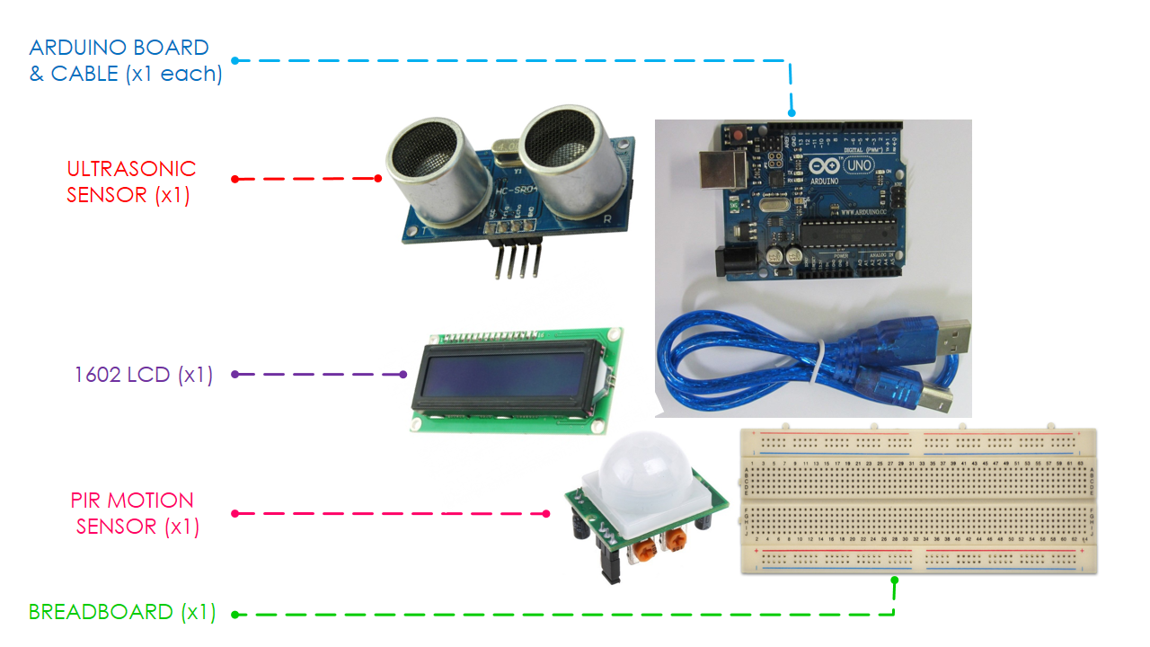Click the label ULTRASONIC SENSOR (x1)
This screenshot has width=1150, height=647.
130,182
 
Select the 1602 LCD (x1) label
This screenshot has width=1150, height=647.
144,375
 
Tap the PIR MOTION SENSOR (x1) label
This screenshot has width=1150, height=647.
132,513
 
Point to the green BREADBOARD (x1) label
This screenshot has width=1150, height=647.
122,613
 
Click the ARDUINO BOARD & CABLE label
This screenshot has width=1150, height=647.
125,60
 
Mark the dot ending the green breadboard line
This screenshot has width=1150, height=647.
894,580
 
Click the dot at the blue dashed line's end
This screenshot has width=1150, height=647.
792,113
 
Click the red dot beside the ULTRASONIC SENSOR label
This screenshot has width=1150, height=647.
234,179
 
